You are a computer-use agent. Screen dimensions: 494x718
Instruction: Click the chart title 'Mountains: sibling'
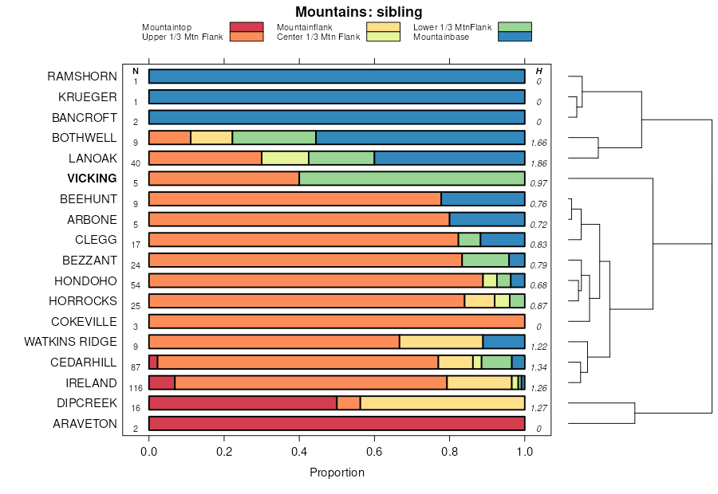[x=358, y=12]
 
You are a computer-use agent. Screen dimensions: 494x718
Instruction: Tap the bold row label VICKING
[x=92, y=178]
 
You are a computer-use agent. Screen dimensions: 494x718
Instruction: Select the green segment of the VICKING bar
[x=412, y=178]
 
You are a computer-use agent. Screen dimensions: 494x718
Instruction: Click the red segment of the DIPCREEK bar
[x=243, y=403]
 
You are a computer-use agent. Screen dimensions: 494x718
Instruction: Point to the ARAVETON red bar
[x=337, y=424]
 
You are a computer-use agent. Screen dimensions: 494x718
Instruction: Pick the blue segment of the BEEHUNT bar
[x=483, y=199]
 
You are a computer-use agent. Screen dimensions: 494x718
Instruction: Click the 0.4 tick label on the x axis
[x=299, y=452]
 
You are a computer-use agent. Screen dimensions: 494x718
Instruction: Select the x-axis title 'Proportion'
[x=337, y=472]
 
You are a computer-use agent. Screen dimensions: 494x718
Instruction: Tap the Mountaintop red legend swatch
[x=246, y=27]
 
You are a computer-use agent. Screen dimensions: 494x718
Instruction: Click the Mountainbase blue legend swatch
[x=514, y=37]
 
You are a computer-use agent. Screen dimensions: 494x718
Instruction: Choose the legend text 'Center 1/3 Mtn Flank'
[x=318, y=37]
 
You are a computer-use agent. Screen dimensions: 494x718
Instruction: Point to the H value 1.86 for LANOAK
[x=538, y=163]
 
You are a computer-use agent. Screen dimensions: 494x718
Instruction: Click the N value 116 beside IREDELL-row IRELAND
[x=136, y=388]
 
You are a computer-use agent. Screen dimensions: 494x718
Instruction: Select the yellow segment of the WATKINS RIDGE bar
[x=440, y=342]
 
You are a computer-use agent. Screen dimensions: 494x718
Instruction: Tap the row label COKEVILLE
[x=84, y=322]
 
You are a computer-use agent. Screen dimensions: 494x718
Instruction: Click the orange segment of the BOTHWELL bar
[x=170, y=138]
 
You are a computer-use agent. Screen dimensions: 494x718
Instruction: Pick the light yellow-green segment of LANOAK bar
[x=285, y=158]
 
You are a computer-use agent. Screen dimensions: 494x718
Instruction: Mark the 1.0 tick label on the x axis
[x=525, y=452]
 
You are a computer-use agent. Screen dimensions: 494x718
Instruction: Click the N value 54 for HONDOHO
[x=136, y=286]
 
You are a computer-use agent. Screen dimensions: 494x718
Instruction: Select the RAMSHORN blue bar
[x=337, y=76]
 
